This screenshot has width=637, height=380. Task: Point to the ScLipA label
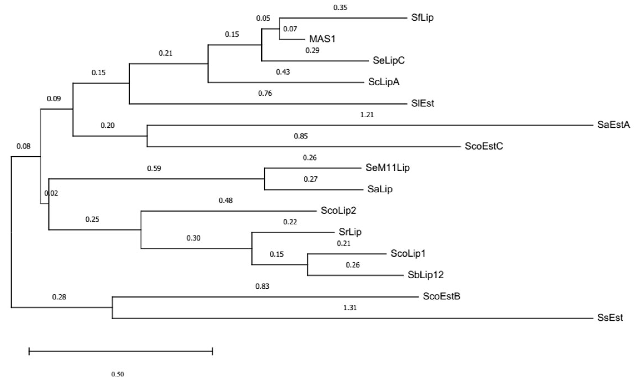(x=384, y=82)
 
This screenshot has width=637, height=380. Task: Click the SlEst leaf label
(x=422, y=103)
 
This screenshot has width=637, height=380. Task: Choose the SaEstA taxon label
(x=614, y=125)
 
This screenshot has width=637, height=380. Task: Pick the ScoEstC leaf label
(x=484, y=146)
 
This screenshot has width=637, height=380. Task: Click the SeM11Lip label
(x=387, y=168)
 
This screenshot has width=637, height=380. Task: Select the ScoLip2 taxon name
(x=338, y=210)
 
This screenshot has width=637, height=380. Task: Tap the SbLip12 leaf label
(x=426, y=275)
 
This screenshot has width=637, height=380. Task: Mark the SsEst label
(x=610, y=318)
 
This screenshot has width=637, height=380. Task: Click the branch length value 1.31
(x=350, y=307)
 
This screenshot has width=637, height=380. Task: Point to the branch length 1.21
(x=367, y=115)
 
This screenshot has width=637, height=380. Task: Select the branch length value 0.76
(x=265, y=93)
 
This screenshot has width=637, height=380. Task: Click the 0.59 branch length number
(x=154, y=168)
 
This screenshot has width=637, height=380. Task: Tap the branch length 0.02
(x=51, y=193)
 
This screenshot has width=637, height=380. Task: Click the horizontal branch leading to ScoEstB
(x=264, y=297)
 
